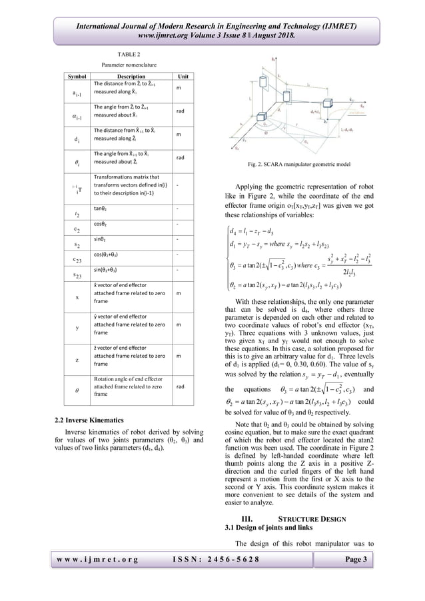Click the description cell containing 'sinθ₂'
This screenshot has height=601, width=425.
coord(101,239)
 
